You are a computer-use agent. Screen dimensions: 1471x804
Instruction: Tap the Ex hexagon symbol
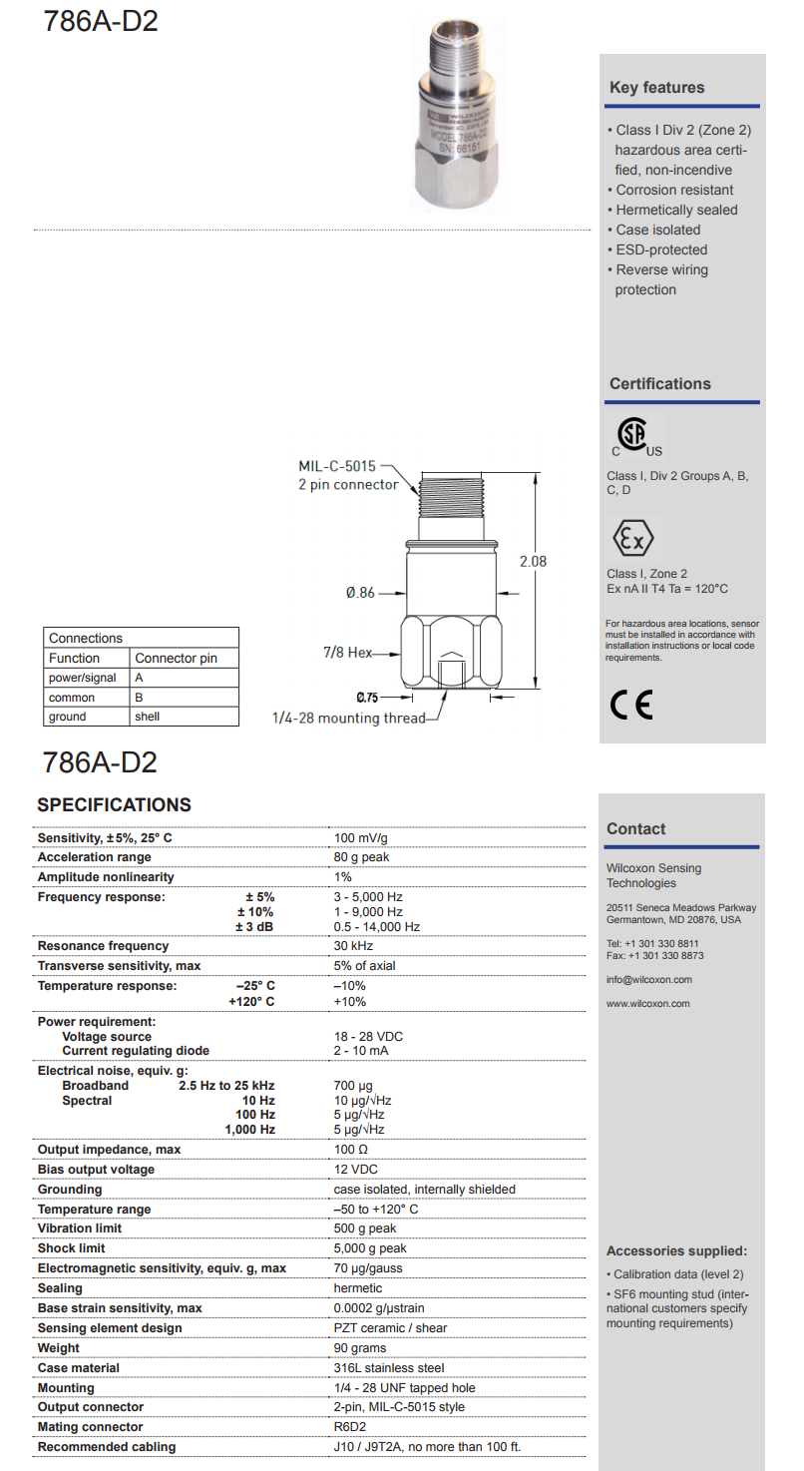pyautogui.click(x=631, y=540)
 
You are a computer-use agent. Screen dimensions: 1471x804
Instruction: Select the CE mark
pyautogui.click(x=630, y=706)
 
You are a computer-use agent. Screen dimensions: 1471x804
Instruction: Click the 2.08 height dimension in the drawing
pyautogui.click(x=533, y=562)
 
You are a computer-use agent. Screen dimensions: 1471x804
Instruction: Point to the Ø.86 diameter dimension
pyautogui.click(x=360, y=593)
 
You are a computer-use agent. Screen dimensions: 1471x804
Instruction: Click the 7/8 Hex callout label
pyautogui.click(x=347, y=653)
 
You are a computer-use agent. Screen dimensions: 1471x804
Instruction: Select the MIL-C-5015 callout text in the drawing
pyautogui.click(x=337, y=466)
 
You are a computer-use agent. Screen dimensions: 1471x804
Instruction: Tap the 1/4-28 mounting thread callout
pyautogui.click(x=348, y=718)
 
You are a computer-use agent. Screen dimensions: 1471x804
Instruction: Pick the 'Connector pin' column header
pyautogui.click(x=176, y=659)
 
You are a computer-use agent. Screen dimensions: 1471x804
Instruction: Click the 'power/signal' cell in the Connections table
pyautogui.click(x=82, y=678)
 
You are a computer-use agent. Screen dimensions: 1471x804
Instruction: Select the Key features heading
pyautogui.click(x=656, y=88)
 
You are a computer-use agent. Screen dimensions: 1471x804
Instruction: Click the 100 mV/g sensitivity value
pyautogui.click(x=361, y=837)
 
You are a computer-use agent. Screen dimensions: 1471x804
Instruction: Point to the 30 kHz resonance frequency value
pyautogui.click(x=354, y=945)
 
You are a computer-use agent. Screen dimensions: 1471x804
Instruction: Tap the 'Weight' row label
pyautogui.click(x=58, y=1348)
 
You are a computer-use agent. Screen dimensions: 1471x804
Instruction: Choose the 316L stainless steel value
pyautogui.click(x=389, y=1368)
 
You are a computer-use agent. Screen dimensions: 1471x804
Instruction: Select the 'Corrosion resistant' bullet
pyautogui.click(x=674, y=190)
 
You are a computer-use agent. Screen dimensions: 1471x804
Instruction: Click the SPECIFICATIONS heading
pyautogui.click(x=114, y=805)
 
